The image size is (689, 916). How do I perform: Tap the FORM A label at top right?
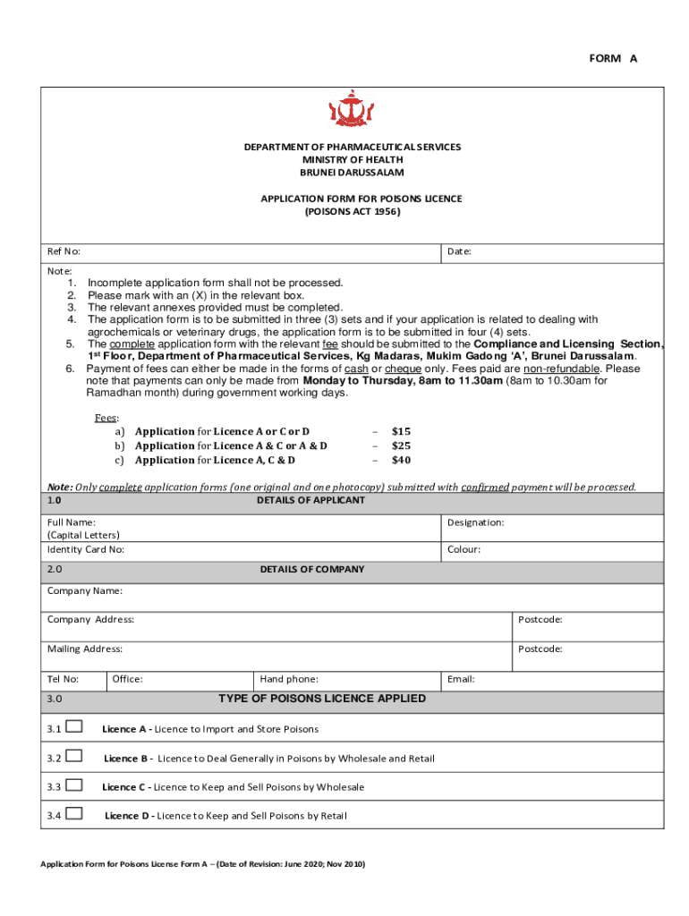click(x=613, y=58)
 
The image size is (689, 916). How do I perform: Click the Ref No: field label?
click(x=64, y=252)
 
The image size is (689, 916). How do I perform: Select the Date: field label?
click(x=459, y=252)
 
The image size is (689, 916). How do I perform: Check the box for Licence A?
click(x=74, y=727)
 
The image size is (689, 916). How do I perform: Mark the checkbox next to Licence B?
click(x=74, y=757)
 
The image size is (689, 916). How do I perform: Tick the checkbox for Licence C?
click(x=74, y=785)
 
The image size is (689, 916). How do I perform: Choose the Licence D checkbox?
click(x=74, y=814)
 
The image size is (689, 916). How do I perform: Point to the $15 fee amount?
click(x=401, y=431)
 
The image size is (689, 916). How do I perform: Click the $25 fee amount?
click(x=401, y=445)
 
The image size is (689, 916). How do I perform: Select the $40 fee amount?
click(x=401, y=460)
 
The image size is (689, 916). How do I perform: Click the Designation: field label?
click(x=475, y=522)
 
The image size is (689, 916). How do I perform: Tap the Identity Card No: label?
click(x=86, y=549)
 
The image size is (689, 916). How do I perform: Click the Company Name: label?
click(x=85, y=591)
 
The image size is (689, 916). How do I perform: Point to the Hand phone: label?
click(x=289, y=679)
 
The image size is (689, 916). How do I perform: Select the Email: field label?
click(x=461, y=679)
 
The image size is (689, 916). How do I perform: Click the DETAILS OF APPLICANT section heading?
click(x=310, y=500)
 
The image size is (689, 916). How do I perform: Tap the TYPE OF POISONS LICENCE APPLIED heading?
click(x=322, y=699)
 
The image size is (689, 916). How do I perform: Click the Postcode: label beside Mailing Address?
click(x=540, y=649)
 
